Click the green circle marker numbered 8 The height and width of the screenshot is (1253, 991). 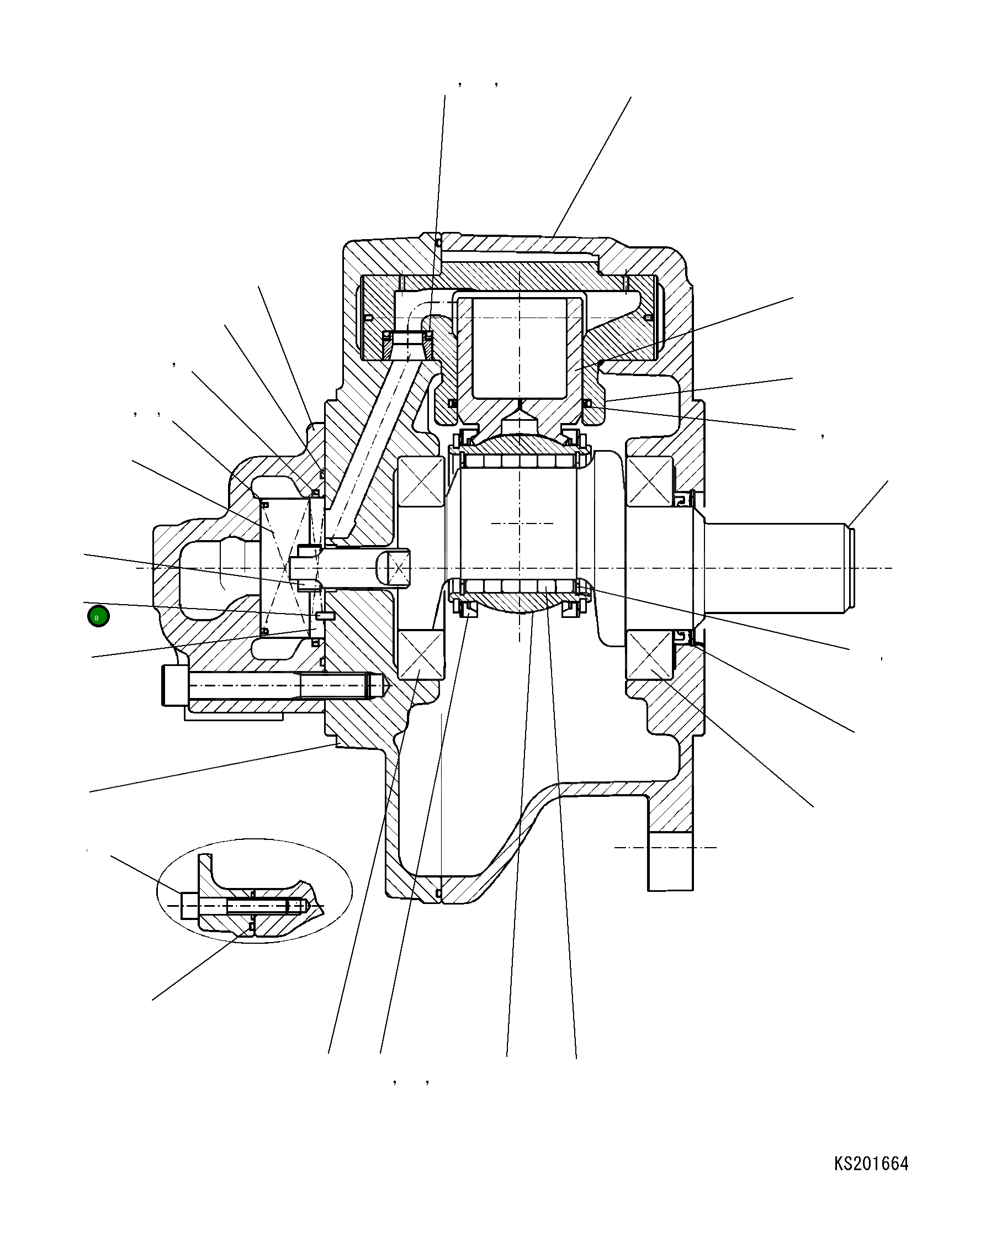[98, 616]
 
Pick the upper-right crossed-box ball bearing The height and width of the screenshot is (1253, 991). [650, 480]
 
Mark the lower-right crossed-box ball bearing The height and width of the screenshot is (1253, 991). [650, 654]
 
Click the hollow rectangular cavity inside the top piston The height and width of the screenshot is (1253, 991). [520, 348]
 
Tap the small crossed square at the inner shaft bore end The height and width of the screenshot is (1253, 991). [399, 568]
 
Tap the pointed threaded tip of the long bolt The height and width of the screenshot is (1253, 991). [382, 685]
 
